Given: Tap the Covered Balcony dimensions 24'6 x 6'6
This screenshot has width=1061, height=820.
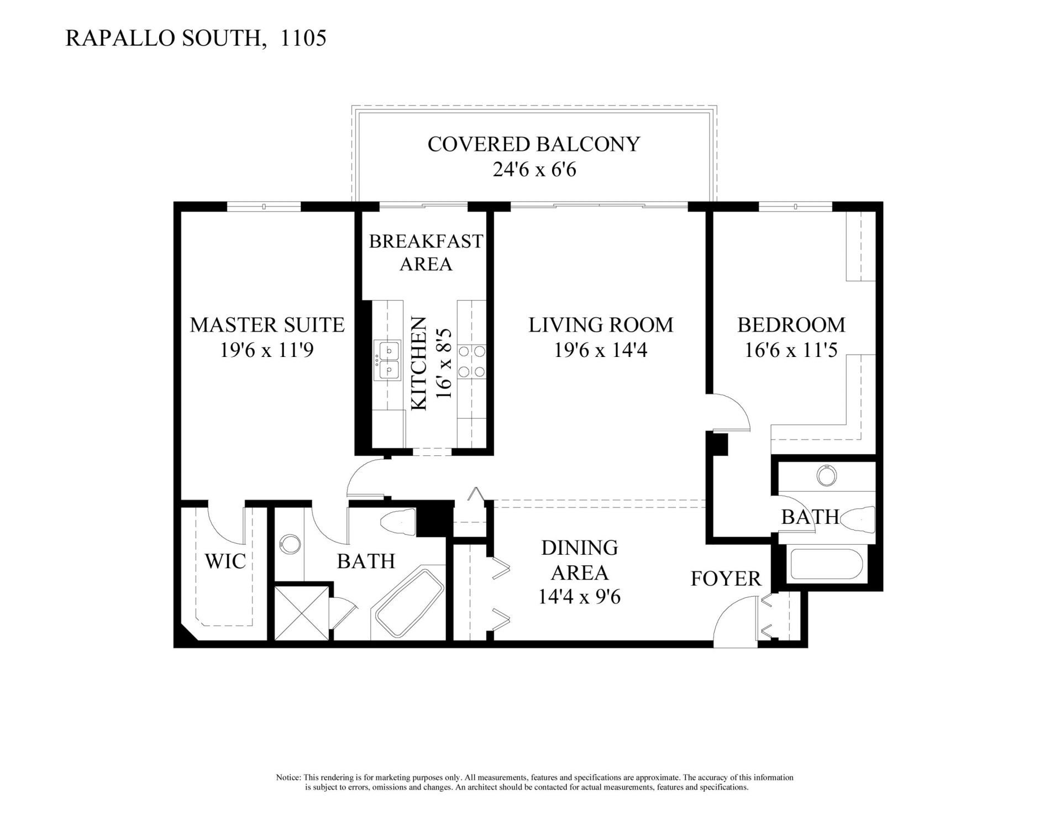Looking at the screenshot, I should point(534,169).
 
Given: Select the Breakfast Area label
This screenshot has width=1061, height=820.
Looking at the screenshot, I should point(426,253).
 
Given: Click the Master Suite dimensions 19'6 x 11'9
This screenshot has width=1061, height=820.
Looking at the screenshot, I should point(267,350).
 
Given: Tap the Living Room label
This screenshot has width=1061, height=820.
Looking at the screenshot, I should point(601,324).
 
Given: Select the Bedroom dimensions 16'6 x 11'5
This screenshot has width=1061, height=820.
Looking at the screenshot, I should point(791,350).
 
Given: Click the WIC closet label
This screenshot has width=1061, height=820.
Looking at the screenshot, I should point(225,561).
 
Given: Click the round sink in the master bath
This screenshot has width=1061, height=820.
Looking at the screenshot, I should point(288,544).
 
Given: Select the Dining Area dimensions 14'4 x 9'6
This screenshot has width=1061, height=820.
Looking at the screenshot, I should point(579,597).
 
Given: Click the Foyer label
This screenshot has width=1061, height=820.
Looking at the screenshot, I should point(726,579).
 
